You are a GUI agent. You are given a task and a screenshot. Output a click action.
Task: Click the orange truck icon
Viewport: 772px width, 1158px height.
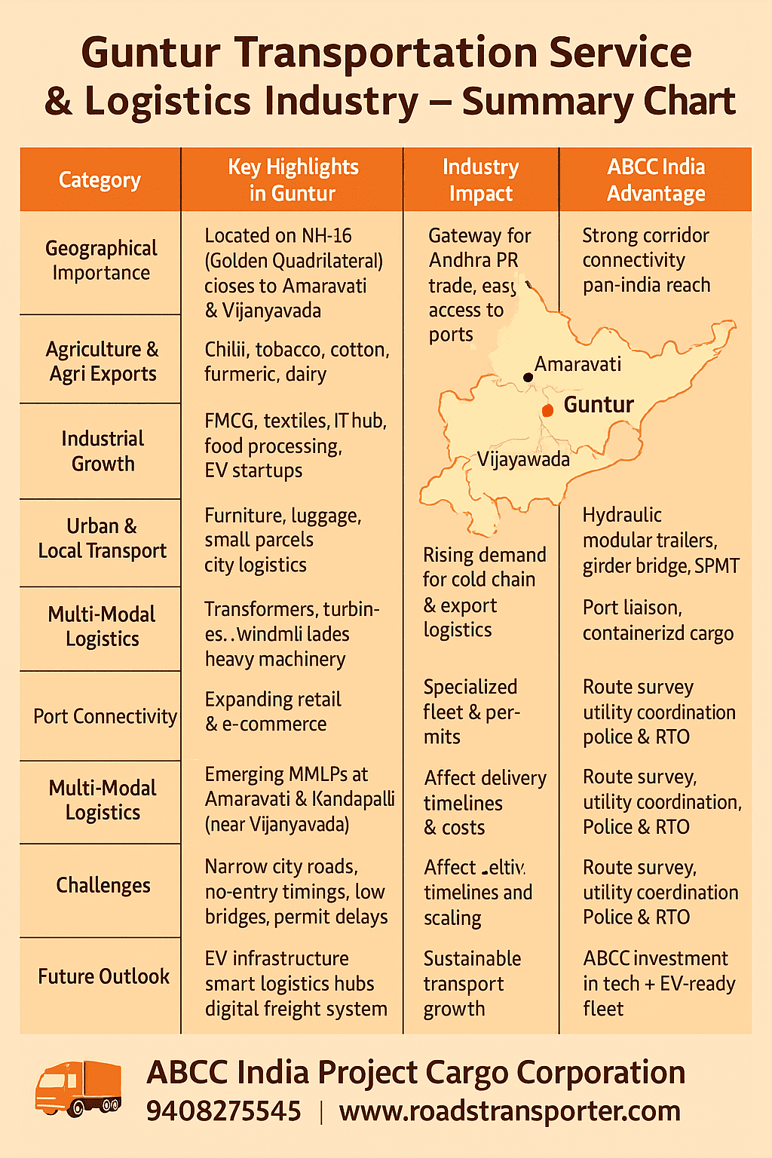coord(78,1088)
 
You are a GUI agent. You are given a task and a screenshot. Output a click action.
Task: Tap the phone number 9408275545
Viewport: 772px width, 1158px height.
coord(223,1111)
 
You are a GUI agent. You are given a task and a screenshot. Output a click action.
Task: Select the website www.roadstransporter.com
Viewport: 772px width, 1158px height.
coord(510,1111)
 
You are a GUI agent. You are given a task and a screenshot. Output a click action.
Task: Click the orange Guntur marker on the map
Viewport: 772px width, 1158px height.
coord(548,410)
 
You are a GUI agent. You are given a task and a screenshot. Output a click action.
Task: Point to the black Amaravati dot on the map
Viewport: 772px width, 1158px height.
coord(528,377)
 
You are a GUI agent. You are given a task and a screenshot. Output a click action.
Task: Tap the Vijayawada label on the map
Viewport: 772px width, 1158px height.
coord(523,459)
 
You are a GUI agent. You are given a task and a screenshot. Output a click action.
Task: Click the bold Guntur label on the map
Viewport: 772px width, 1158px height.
coord(599,405)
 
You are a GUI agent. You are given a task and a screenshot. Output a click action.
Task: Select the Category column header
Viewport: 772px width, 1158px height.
coord(100,180)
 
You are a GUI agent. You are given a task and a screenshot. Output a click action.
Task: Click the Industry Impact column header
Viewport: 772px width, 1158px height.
coord(480,180)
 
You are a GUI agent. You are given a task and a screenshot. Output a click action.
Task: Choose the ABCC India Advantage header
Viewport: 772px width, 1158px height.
coord(656,180)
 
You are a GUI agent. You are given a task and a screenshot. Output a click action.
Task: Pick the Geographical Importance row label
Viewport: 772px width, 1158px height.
coord(101,260)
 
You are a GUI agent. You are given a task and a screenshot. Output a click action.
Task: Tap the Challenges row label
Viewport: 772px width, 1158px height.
coord(103,885)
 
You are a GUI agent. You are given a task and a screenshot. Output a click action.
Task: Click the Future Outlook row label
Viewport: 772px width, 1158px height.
coord(104,976)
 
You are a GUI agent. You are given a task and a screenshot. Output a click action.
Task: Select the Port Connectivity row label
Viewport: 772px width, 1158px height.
coord(105,716)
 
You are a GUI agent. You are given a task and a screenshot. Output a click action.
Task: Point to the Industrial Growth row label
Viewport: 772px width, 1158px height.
coord(103,451)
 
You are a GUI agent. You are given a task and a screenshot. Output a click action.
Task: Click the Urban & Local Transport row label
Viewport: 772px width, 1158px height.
coord(103,538)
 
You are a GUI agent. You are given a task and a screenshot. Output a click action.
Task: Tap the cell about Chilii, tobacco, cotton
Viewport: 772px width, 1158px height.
coord(296,362)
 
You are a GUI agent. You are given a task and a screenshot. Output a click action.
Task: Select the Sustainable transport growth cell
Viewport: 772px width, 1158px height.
coord(472,984)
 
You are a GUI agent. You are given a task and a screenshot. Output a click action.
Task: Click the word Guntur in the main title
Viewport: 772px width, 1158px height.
coord(150,53)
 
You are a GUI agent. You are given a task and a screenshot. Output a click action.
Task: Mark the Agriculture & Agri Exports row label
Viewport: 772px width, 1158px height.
coord(103,361)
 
